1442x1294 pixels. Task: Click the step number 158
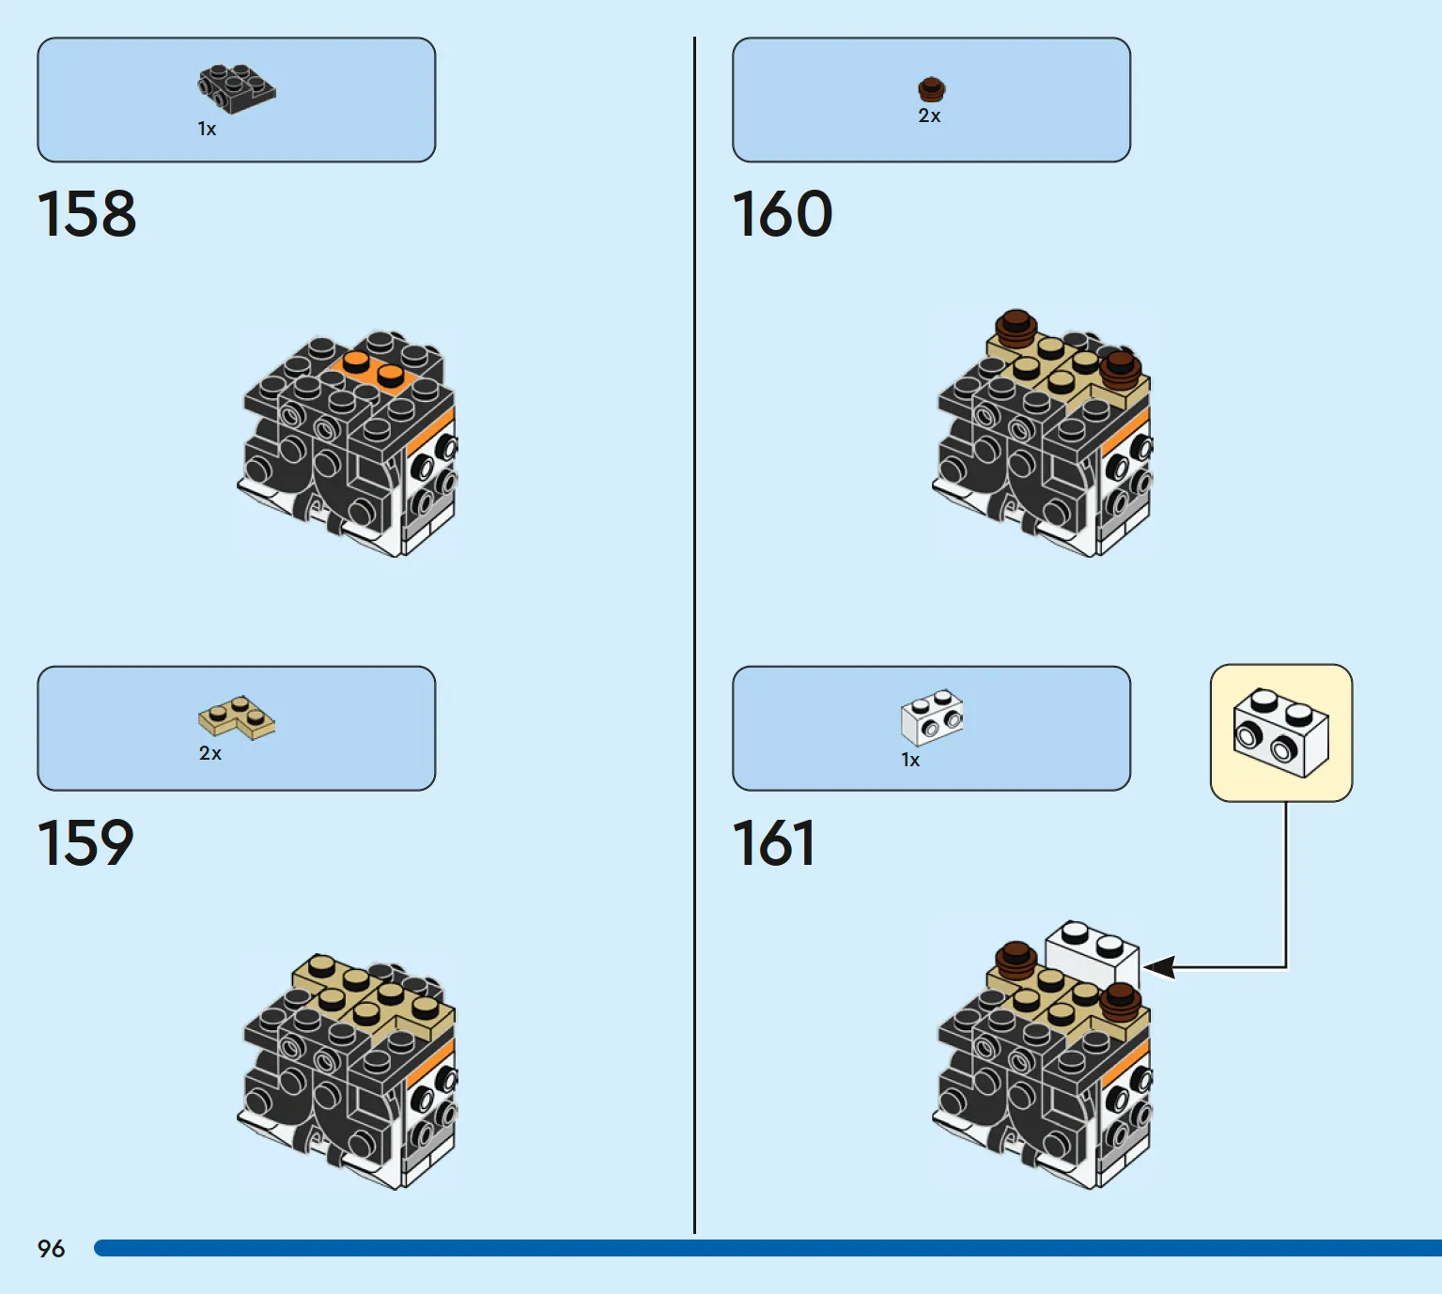click(86, 214)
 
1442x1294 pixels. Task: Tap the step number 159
click(85, 842)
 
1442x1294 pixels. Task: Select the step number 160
click(782, 214)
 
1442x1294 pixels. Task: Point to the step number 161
click(773, 842)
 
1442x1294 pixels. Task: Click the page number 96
click(51, 1248)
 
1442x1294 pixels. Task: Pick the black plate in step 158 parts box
click(236, 88)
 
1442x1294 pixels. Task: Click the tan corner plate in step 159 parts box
click(237, 718)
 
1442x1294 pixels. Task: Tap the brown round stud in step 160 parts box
click(931, 89)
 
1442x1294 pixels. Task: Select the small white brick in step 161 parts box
click(932, 716)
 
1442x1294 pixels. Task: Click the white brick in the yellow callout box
click(1280, 733)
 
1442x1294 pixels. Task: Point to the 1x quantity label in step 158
click(207, 129)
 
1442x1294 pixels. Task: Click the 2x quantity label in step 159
click(209, 753)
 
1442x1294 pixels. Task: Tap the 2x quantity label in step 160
click(929, 116)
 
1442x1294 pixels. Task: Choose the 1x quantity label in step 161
click(910, 760)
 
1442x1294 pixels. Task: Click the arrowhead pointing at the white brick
click(1157, 966)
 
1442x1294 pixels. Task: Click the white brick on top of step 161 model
click(1092, 951)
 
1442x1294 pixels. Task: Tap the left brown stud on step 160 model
click(1016, 328)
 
